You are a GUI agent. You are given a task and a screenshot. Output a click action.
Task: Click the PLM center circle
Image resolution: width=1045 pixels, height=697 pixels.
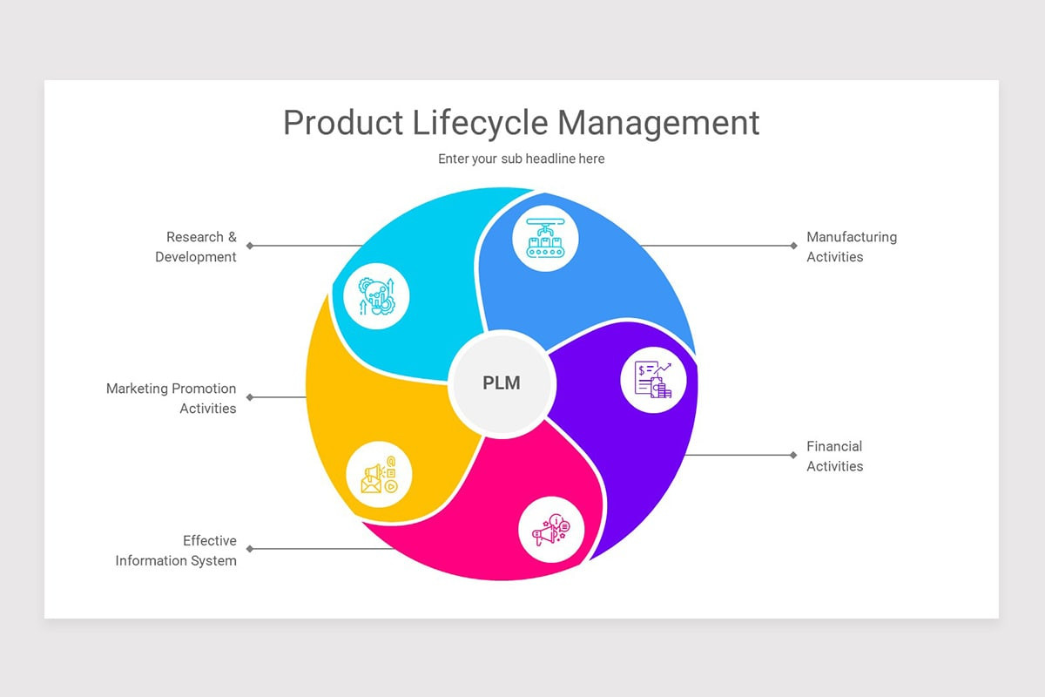pyautogui.click(x=502, y=383)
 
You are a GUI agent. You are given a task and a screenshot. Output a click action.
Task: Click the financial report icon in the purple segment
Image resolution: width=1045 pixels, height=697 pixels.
pyautogui.click(x=653, y=380)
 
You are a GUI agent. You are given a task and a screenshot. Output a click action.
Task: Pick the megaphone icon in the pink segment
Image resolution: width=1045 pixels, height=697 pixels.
pyautogui.click(x=551, y=529)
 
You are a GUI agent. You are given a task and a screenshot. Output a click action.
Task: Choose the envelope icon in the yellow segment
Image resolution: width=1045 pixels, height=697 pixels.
pyautogui.click(x=379, y=477)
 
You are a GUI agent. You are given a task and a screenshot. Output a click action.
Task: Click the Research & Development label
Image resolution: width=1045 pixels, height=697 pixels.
pyautogui.click(x=196, y=247)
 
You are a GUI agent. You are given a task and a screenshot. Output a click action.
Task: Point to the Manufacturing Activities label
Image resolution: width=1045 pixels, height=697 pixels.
pyautogui.click(x=851, y=247)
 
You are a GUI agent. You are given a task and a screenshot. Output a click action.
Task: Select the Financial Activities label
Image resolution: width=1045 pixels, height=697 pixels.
pyautogui.click(x=834, y=456)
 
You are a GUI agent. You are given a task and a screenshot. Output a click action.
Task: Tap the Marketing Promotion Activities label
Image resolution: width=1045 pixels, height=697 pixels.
pyautogui.click(x=172, y=398)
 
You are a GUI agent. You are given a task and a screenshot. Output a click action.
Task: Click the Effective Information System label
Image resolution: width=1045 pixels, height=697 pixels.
pyautogui.click(x=176, y=551)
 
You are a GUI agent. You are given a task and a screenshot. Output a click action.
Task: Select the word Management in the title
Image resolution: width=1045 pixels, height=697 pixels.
pyautogui.click(x=658, y=123)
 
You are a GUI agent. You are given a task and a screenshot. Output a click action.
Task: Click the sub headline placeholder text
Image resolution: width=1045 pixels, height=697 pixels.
pyautogui.click(x=521, y=159)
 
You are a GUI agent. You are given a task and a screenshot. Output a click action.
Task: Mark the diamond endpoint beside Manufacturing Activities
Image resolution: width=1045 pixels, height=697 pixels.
pyautogui.click(x=793, y=246)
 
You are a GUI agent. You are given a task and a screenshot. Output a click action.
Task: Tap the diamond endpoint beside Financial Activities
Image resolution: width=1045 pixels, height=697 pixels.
pyautogui.click(x=793, y=455)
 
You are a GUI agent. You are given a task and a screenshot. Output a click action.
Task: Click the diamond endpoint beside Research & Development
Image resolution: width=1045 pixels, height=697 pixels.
pyautogui.click(x=250, y=246)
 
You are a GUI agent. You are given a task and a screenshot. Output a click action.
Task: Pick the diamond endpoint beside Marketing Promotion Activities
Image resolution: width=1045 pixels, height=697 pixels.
pyautogui.click(x=250, y=397)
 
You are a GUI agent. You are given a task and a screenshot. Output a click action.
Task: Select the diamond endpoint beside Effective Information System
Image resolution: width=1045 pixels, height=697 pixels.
pyautogui.click(x=250, y=549)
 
